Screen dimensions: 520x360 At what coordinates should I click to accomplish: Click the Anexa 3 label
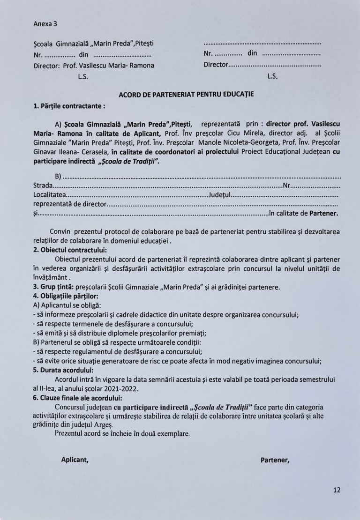[x=45, y=23]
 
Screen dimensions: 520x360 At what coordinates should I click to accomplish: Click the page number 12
[x=337, y=490]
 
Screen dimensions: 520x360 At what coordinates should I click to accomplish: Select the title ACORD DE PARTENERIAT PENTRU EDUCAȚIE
[x=186, y=94]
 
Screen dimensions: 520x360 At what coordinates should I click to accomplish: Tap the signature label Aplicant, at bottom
[x=75, y=460]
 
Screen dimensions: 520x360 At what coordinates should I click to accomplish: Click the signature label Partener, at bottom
[x=275, y=460]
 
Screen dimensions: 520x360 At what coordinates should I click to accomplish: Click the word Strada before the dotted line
[x=43, y=186]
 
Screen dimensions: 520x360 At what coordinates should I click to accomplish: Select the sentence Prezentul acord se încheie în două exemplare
[x=122, y=433]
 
